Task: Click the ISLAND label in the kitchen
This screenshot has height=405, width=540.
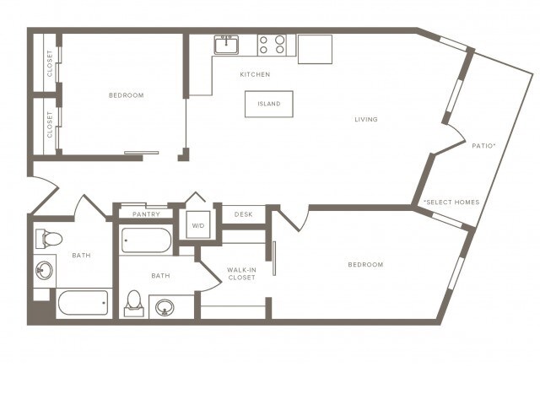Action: click(269, 104)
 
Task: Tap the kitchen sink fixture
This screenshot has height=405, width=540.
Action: click(226, 45)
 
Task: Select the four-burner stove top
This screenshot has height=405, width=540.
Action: click(272, 45)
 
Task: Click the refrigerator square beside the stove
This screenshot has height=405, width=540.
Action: click(315, 48)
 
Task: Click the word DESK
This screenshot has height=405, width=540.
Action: click(244, 214)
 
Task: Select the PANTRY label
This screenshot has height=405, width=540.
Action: click(146, 214)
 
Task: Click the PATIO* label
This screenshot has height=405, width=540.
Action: click(483, 146)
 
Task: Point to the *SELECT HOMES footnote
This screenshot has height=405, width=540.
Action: click(451, 202)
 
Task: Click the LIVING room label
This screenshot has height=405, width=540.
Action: click(366, 119)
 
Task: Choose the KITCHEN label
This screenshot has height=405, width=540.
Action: click(255, 74)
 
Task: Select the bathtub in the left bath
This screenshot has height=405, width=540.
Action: click(83, 302)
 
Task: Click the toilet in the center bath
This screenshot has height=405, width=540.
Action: click(134, 303)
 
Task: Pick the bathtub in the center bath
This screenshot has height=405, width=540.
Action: click(146, 240)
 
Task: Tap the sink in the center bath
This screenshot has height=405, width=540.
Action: click(164, 306)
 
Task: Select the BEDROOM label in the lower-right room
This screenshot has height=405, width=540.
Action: click(365, 265)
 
